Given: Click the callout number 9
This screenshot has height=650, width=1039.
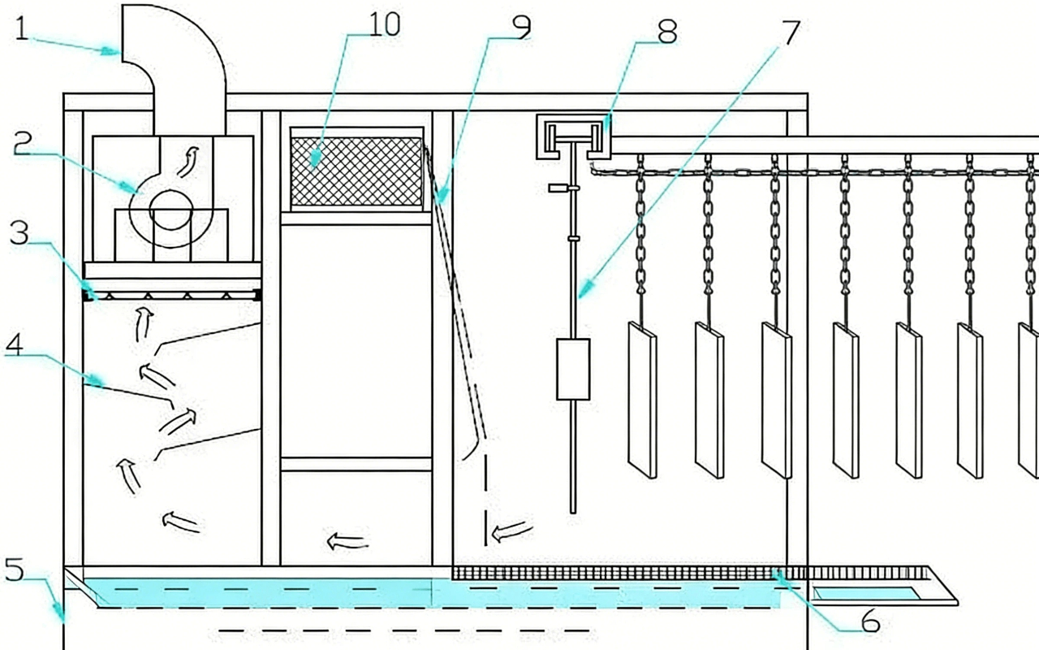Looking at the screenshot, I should [520, 26].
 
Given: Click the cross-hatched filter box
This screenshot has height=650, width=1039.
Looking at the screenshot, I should [356, 171].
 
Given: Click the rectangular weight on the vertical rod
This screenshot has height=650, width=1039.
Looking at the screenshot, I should [572, 370].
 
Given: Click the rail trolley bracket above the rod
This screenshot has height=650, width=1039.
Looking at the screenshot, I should [572, 135].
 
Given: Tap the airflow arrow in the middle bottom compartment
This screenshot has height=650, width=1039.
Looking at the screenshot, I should [347, 540].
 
